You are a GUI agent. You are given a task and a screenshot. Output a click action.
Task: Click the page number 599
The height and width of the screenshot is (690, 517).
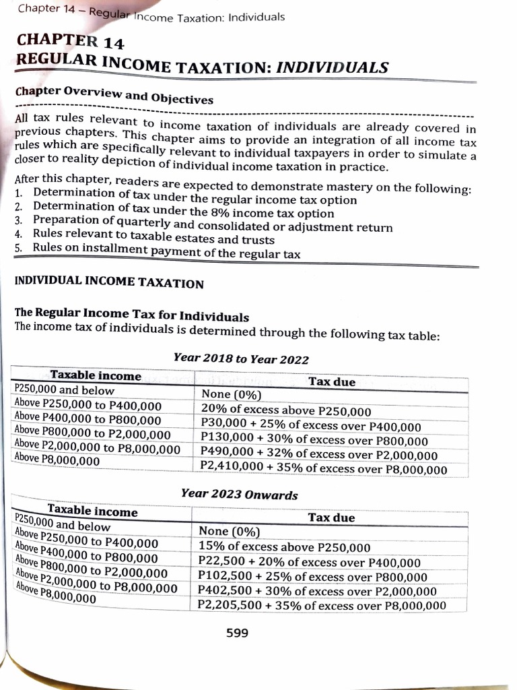tap(237, 633)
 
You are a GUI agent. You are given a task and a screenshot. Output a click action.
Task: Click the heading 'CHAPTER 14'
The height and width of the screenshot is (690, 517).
tap(69, 41)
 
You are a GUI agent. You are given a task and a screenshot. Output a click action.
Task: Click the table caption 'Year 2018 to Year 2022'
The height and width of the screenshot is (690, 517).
tap(241, 358)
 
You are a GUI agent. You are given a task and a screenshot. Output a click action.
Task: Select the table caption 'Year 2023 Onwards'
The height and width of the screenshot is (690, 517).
tap(239, 495)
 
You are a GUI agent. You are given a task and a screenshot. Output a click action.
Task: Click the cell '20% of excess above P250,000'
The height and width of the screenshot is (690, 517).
tap(286, 410)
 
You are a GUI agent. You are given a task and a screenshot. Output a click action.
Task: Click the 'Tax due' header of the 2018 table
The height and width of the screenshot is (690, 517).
tap(331, 382)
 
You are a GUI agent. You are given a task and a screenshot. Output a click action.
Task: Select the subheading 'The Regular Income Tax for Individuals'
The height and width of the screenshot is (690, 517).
tap(131, 317)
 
